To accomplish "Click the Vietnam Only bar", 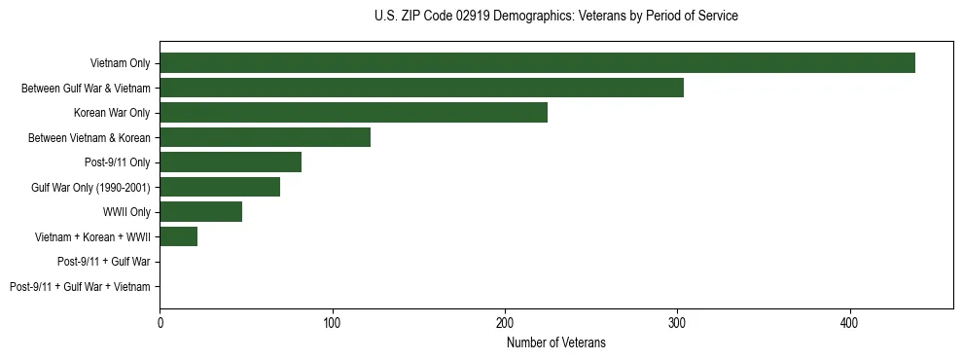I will coord(537,63).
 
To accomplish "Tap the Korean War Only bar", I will coord(353,113).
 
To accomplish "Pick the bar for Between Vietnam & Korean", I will coord(265,137).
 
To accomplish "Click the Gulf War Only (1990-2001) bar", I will coord(220,187).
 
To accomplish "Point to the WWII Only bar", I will coord(200,212).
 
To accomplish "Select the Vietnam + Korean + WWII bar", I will coord(178,236).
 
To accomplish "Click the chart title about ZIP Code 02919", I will coord(555,17).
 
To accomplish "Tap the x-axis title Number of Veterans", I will coord(555,342).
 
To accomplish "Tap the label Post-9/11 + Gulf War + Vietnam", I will coord(80,287).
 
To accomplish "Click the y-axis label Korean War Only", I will coord(112,113).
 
